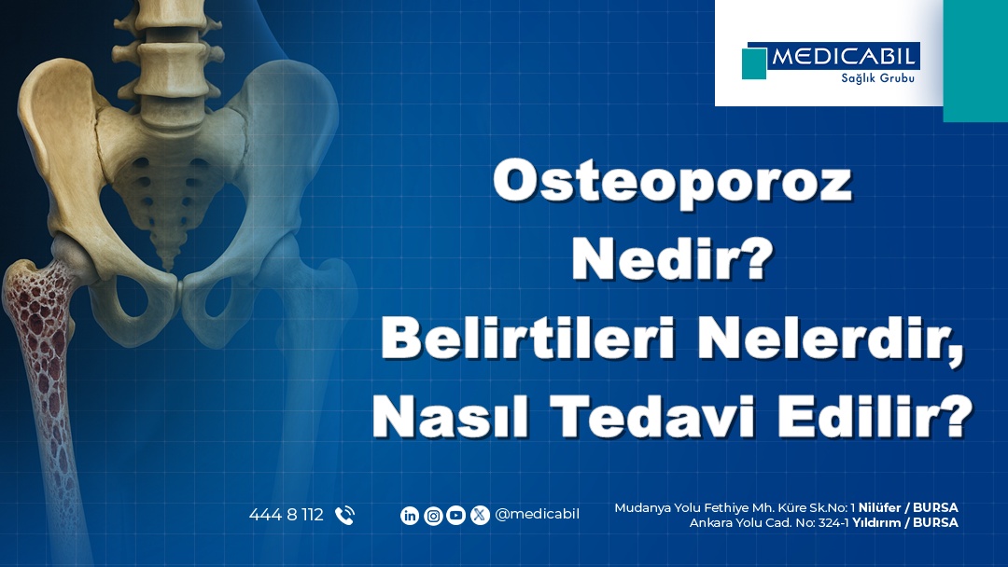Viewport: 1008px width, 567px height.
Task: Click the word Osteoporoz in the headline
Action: [x=672, y=183]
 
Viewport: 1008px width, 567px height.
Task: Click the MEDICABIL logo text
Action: [x=845, y=57]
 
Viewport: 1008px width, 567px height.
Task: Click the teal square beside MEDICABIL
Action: [x=754, y=63]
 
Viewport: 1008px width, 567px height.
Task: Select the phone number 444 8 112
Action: [x=286, y=515]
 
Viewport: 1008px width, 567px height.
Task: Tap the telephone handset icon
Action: [x=344, y=515]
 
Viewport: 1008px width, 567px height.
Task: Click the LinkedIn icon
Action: [x=410, y=515]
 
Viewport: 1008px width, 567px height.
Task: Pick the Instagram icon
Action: [x=433, y=515]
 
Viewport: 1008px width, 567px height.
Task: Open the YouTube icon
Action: [x=456, y=515]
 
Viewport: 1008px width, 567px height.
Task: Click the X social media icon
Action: [x=480, y=515]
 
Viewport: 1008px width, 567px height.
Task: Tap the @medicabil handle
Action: [x=538, y=515]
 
